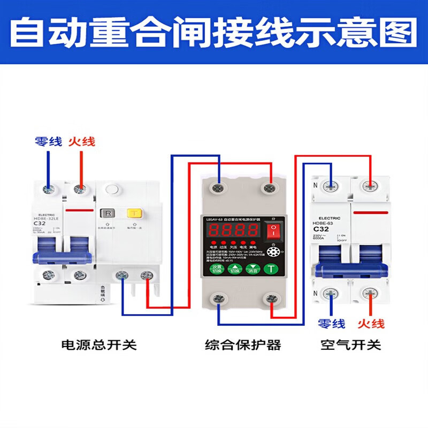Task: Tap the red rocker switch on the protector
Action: [273, 231]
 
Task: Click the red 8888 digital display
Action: [234, 231]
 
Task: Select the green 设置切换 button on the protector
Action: [216, 269]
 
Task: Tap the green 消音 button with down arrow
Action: [253, 269]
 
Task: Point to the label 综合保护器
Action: [243, 345]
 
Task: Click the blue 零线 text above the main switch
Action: [48, 141]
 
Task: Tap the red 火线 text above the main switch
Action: [81, 141]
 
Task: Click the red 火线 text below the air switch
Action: [371, 323]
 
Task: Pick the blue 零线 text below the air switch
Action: [332, 323]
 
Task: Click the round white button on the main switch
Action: [112, 189]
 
